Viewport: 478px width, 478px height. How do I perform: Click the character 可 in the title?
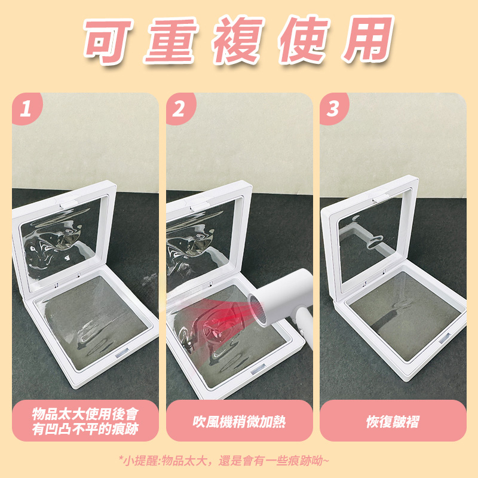(108, 41)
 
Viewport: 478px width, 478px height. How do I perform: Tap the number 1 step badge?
(26, 108)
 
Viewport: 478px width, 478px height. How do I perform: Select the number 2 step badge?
(180, 108)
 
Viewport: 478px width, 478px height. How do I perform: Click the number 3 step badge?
(333, 108)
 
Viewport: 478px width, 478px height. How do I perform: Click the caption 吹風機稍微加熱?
(239, 422)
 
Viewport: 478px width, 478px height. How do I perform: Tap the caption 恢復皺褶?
(393, 422)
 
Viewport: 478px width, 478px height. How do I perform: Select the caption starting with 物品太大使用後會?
(85, 421)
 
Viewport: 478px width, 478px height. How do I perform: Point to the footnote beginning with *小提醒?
(224, 460)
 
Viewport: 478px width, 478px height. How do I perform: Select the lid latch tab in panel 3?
(382, 198)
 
